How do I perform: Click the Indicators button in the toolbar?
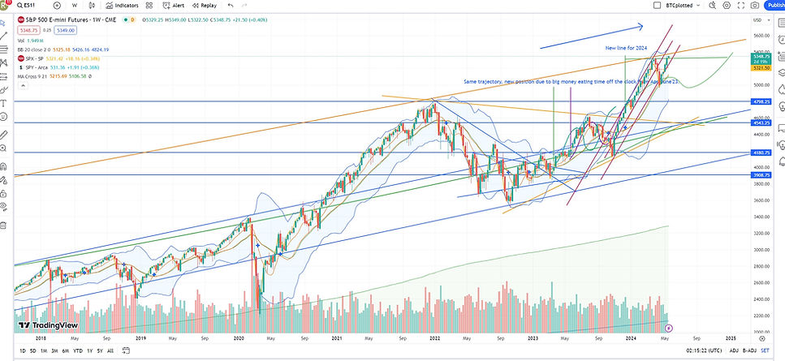tap(122, 5)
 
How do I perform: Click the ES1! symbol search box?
tap(29, 5)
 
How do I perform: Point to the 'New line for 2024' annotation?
tap(626, 48)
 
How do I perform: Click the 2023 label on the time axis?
tap(532, 337)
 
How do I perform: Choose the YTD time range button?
tap(78, 350)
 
